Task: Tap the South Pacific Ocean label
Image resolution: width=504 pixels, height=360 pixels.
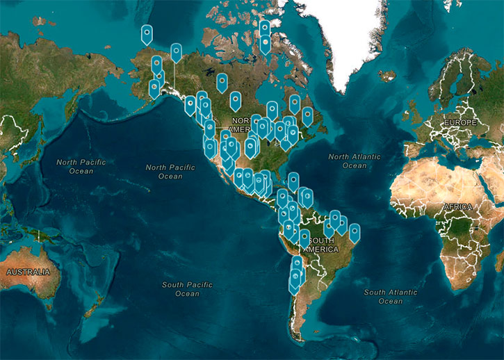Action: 187,289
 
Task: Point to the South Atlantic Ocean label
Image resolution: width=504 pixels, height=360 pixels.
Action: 390,297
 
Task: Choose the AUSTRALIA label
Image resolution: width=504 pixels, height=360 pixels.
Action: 28,272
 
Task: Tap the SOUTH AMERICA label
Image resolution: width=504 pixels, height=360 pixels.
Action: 320,245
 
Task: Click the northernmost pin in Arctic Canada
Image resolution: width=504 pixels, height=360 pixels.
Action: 264,28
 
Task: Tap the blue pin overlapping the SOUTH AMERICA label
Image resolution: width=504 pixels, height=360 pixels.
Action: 304,238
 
